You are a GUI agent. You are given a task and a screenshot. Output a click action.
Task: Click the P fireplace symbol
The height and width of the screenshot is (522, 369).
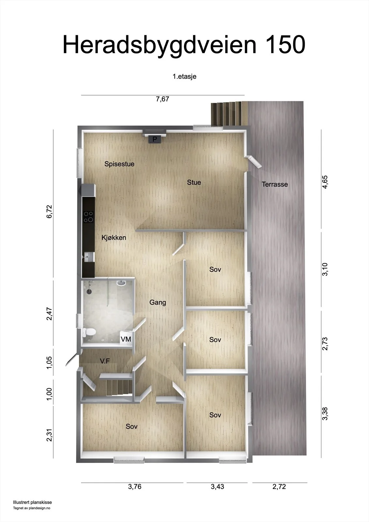click(x=155, y=139)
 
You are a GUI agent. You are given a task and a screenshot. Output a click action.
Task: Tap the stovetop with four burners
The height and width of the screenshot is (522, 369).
click(x=88, y=217)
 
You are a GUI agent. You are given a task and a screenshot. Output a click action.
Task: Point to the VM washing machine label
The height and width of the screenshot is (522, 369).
click(x=126, y=339)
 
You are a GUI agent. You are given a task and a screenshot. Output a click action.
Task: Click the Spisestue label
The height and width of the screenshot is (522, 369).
click(x=119, y=164)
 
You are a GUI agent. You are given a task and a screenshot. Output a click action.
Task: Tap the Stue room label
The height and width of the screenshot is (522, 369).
click(x=194, y=182)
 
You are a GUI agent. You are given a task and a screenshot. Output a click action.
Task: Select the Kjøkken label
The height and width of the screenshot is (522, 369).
click(x=114, y=238)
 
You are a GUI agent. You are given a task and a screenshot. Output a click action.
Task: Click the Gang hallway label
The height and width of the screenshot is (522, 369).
click(x=158, y=302)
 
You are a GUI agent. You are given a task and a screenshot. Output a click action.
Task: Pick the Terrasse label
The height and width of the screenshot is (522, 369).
click(x=275, y=184)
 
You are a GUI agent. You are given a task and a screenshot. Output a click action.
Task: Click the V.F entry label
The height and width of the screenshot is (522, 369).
click(x=105, y=361)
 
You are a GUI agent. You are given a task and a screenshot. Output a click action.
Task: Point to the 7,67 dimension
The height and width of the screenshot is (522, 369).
click(x=162, y=99)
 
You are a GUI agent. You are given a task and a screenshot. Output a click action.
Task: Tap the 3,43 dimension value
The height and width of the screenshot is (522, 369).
click(x=217, y=486)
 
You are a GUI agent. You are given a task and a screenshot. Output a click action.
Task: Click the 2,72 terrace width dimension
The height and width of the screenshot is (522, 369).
click(x=279, y=486)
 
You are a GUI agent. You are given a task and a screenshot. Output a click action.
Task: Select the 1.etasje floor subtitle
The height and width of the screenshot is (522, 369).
click(x=184, y=76)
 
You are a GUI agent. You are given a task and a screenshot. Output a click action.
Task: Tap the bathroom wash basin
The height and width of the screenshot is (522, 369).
click(x=121, y=283)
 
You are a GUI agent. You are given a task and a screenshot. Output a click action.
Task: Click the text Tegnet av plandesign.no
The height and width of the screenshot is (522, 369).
click(x=31, y=508)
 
